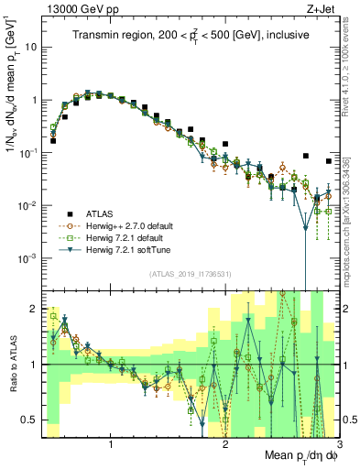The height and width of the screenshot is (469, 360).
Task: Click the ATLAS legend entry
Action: coord(100,209)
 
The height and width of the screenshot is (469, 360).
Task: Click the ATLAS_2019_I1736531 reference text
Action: coord(190,274)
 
